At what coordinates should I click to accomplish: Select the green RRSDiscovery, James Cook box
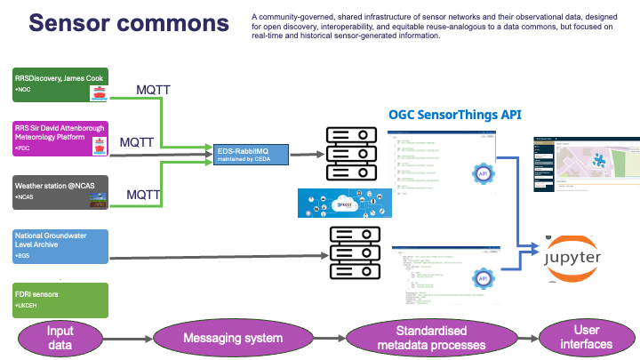[x=60, y=86]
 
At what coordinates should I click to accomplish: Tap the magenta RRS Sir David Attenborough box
[x=60, y=139]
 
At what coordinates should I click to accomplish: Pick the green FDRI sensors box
[x=60, y=300]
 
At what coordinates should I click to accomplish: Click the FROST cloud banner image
[x=339, y=203]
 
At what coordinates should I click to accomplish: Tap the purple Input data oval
[x=60, y=338]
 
